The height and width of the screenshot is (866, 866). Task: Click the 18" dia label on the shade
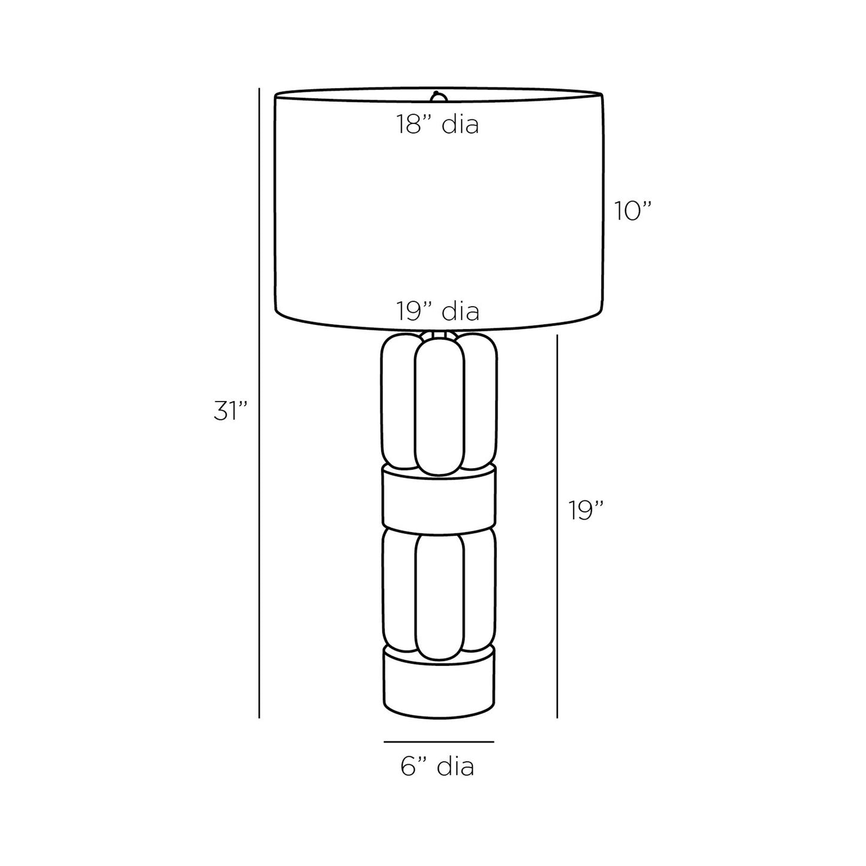coord(437,125)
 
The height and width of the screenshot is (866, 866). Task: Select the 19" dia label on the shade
coord(437,311)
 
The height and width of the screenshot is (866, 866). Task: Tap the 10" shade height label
coord(632,211)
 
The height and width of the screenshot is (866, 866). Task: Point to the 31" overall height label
coord(231,412)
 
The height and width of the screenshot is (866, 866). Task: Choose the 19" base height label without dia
coord(586,511)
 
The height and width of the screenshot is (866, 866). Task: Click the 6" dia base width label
coord(437,767)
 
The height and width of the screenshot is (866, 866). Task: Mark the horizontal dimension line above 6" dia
coord(439,742)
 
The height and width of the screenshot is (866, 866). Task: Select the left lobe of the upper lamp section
coord(397,402)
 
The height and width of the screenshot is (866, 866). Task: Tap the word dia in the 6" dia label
coord(457,767)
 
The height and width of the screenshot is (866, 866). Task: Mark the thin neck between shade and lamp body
coord(438,334)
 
